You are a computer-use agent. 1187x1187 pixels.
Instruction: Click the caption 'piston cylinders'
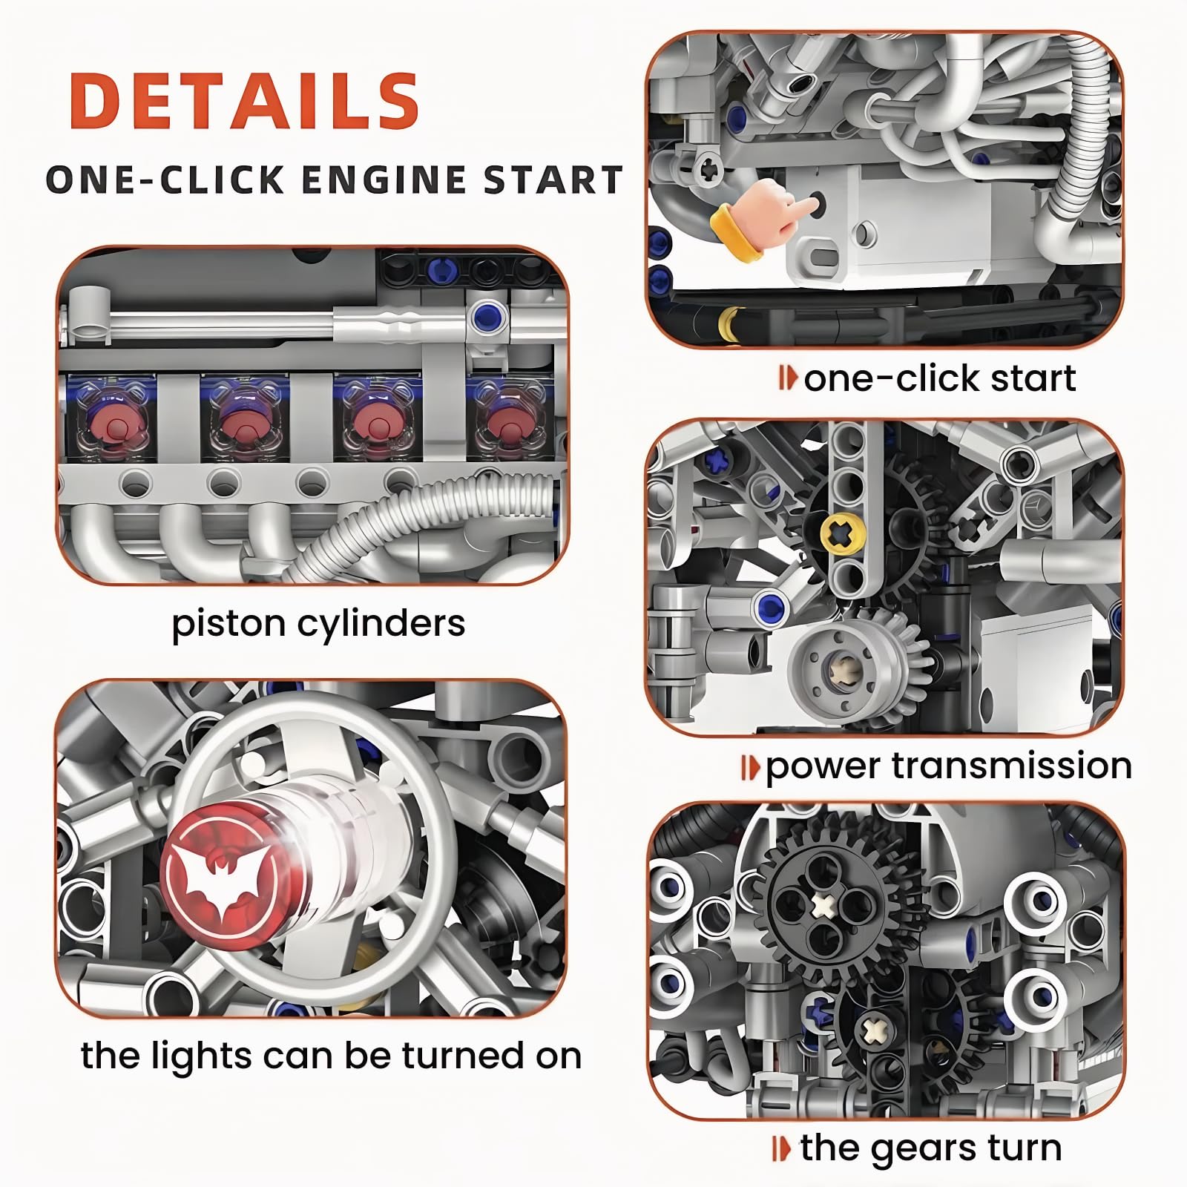pyautogui.click(x=318, y=623)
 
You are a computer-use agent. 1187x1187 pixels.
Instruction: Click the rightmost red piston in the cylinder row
pyautogui.click(x=505, y=421)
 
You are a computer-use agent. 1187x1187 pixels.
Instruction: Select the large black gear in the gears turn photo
pyautogui.click(x=823, y=905)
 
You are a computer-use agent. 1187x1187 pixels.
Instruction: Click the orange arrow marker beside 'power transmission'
pyautogui.click(x=750, y=767)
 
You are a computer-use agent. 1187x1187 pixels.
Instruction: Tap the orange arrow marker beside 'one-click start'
pyautogui.click(x=788, y=379)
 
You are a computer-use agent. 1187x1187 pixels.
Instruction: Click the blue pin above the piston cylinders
pyautogui.click(x=487, y=317)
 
